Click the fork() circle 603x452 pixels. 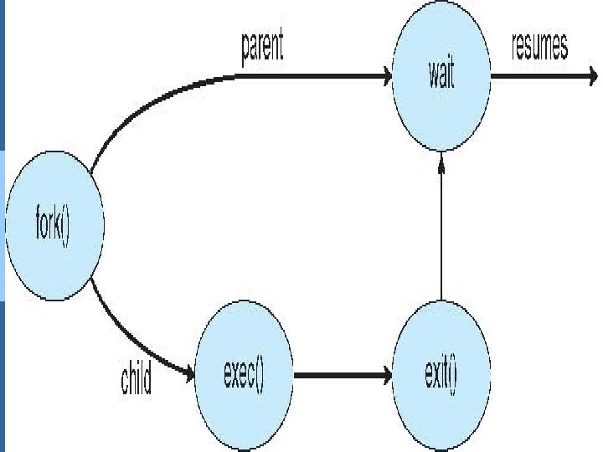coord(55,225)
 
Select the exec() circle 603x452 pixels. coord(244,377)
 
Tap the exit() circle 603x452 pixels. coord(441,377)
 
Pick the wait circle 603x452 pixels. coord(441,78)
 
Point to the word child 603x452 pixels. coord(136,381)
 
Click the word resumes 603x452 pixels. coord(539,48)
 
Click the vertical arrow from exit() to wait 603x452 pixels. coord(441,234)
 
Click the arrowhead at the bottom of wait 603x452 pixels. coord(441,164)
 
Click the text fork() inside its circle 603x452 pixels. coord(54,226)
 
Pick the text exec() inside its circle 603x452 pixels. coord(244,377)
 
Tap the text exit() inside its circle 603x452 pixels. coord(441,377)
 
